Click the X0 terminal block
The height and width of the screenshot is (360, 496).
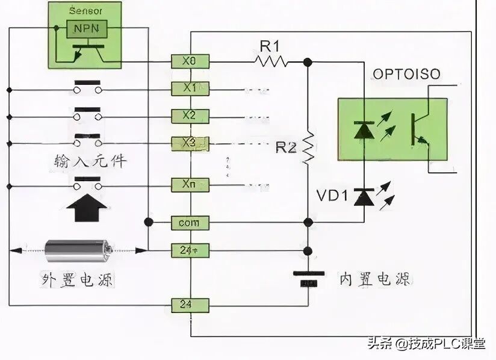(190, 61)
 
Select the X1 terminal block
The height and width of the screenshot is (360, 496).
(190, 88)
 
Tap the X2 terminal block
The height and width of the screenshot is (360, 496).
(190, 116)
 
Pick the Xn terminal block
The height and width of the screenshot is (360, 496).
(190, 183)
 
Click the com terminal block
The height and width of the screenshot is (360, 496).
(190, 223)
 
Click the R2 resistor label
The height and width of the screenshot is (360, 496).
(287, 146)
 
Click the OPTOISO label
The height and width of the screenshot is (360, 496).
(406, 74)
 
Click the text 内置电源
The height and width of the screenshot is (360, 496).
(374, 279)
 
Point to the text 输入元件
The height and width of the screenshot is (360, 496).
(89, 161)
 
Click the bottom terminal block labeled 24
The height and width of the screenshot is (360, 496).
(190, 305)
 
